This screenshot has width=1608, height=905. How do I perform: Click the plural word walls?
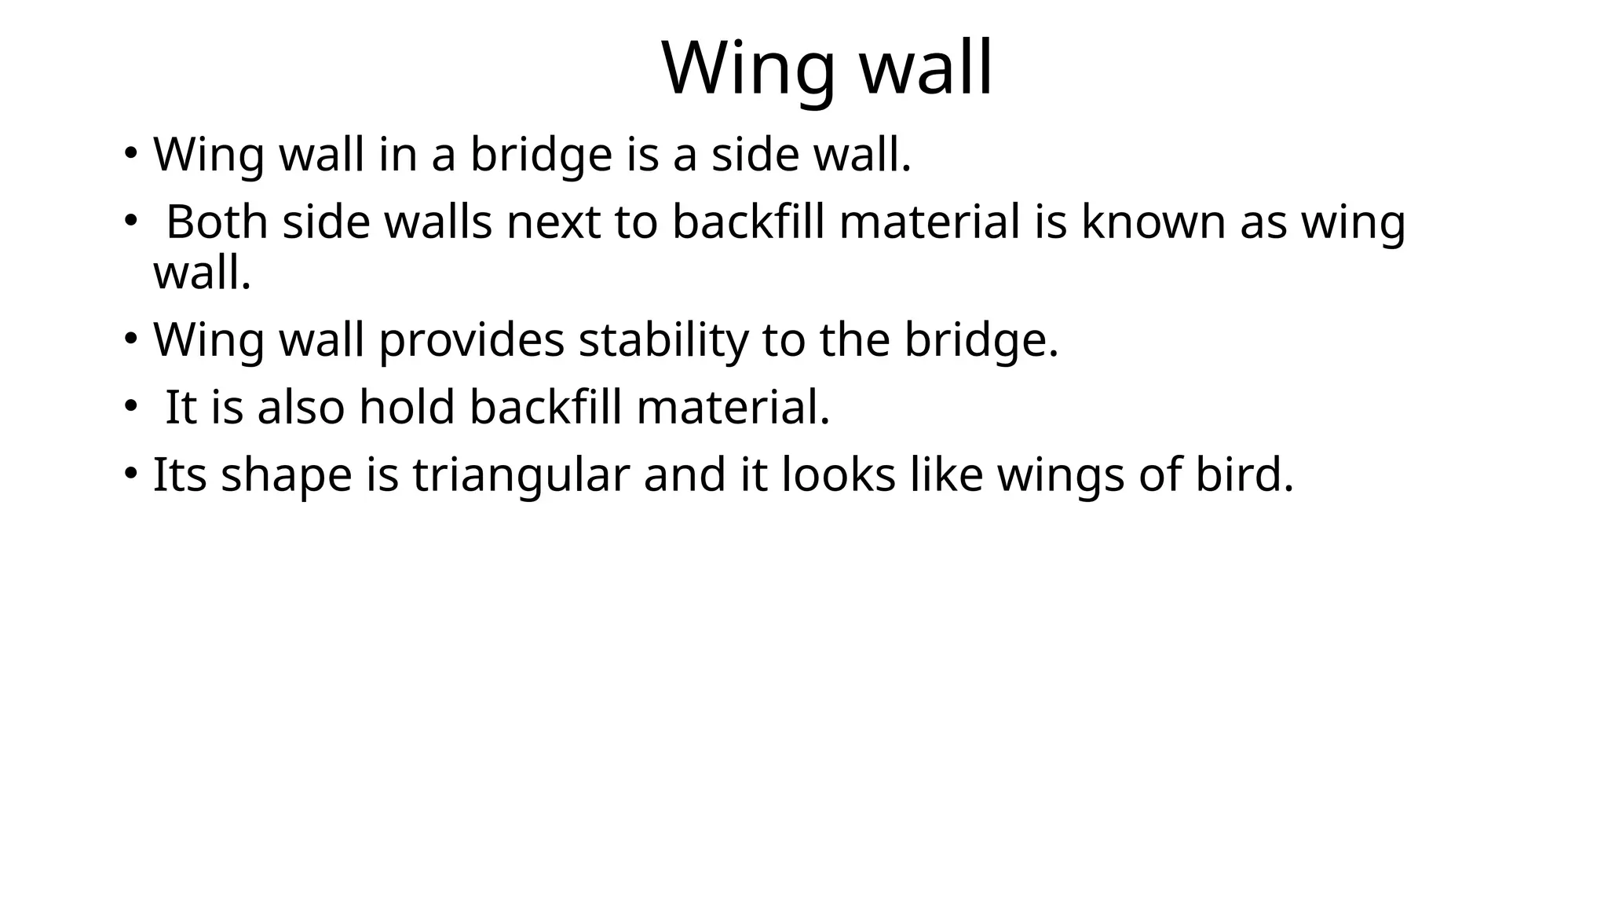tap(438, 222)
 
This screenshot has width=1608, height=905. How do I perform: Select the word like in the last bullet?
tap(946, 475)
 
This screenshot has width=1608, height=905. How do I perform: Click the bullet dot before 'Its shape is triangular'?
tap(130, 474)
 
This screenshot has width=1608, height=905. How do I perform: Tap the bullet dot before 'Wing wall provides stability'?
tap(130, 340)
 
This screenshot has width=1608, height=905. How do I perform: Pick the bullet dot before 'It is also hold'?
tap(130, 407)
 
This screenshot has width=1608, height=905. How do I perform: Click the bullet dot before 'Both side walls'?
tap(130, 221)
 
